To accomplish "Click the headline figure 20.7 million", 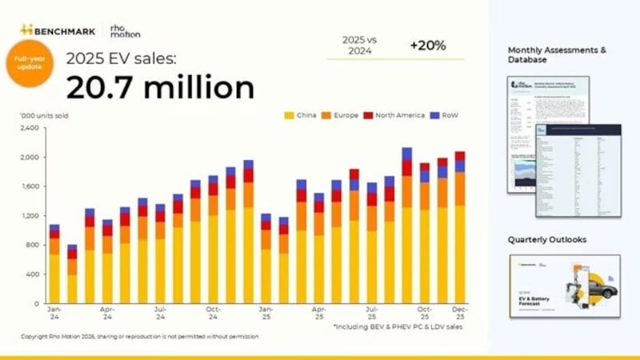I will (160, 86).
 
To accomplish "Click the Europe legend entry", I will (349, 115).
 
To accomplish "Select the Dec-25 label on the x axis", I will (459, 312).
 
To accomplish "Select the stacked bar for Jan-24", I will (54, 264).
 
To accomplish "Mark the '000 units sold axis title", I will (44, 115).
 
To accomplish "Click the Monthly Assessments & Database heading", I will (557, 54).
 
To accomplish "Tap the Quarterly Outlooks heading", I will (546, 239).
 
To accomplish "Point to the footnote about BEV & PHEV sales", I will (398, 326).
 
